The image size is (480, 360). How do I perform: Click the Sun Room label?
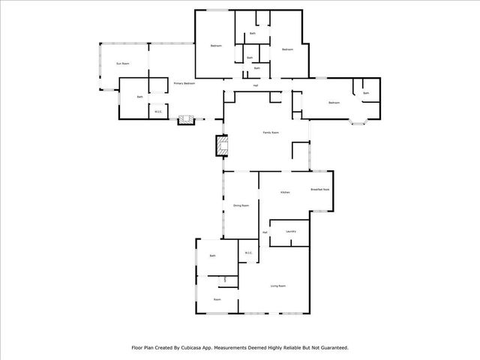point(123,64)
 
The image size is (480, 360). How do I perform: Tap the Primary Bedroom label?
point(184,83)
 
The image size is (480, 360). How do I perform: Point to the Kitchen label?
point(285,193)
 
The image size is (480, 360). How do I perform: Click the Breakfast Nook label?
point(320,190)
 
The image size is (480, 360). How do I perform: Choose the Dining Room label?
point(241,205)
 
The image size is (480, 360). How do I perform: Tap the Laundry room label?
point(291,231)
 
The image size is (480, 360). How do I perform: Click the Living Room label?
point(278,286)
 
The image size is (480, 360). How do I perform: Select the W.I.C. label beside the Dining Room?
point(248,253)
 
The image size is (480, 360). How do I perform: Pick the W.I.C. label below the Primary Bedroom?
point(159,112)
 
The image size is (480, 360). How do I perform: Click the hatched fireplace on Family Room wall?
point(221,145)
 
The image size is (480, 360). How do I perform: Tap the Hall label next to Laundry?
point(265,232)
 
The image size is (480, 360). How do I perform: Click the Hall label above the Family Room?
point(256,85)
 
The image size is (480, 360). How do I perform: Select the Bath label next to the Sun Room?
point(139,97)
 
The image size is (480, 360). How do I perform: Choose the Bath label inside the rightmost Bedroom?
point(366,93)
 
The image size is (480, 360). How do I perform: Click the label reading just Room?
point(217,299)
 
